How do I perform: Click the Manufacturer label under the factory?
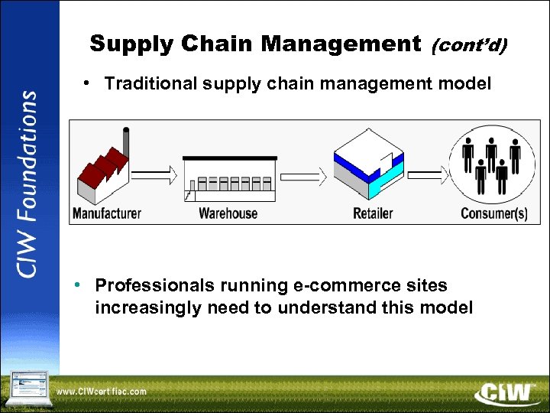coord(107,213)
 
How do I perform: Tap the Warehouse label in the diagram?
coord(228,213)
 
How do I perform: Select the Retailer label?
coord(373,213)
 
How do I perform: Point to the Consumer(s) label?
coord(494,213)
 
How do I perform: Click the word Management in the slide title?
coord(340,44)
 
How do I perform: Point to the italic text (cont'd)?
coord(468,46)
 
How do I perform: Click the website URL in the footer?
coord(101,392)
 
